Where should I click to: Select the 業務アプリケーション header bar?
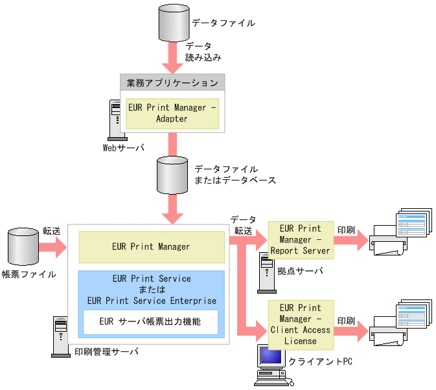[x=172, y=83]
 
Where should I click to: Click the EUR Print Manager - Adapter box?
[x=172, y=113]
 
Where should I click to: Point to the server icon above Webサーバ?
[x=115, y=119]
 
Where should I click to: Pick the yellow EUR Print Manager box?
[x=151, y=246]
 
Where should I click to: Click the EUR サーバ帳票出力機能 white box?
[x=150, y=321]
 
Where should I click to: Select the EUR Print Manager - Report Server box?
[x=300, y=239]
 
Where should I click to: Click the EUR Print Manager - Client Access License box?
[x=300, y=324]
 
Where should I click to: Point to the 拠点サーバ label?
[x=299, y=271]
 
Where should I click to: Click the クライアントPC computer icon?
[x=271, y=365]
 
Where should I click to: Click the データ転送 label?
[x=243, y=225]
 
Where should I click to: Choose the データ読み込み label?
[x=203, y=52]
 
